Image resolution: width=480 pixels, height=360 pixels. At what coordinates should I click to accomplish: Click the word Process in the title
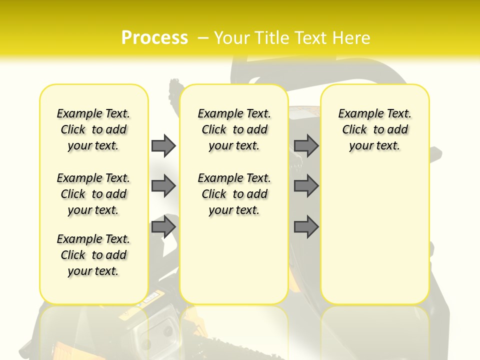coord(154,38)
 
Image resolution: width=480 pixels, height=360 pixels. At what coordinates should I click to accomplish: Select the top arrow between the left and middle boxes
coord(163,145)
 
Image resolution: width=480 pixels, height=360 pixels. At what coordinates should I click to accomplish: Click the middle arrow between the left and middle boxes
coord(163,186)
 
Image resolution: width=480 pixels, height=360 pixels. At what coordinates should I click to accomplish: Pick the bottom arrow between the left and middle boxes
coord(163,227)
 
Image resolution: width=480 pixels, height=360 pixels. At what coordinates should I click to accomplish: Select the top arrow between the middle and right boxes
coord(306,145)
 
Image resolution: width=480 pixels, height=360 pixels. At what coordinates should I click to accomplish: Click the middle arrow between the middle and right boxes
coord(306,186)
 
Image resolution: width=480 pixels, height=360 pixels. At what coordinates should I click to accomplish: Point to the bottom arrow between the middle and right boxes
coord(306,227)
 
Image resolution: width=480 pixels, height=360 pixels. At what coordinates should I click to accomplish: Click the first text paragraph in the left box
coord(93,129)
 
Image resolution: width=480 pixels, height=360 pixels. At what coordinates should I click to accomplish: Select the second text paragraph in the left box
coord(93,194)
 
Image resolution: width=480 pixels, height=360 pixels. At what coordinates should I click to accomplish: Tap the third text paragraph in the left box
coord(93,255)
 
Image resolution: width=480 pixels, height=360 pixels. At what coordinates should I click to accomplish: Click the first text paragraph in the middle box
coord(234,129)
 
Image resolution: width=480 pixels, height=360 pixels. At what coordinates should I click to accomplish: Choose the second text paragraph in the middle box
coord(234,194)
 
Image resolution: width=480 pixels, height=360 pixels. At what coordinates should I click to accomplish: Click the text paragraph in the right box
coord(374,129)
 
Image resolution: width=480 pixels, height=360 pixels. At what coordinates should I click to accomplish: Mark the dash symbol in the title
coord(203,38)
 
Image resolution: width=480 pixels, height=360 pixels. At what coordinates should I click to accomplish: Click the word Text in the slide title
coord(311,38)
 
